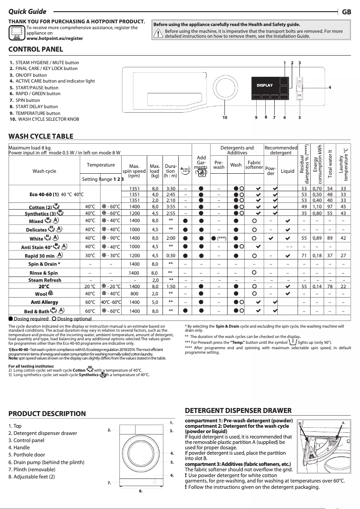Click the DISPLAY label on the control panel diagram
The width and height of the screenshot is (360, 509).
point(264,85)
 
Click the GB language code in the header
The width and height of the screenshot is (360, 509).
point(346,12)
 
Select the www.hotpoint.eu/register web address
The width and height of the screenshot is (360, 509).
point(55,39)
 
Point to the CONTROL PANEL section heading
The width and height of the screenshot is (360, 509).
point(36,49)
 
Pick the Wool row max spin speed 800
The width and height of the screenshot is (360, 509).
point(134,294)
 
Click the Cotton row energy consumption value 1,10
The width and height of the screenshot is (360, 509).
point(317,206)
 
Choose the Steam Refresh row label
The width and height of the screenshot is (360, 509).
point(44,280)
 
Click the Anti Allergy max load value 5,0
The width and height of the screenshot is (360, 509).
point(154,302)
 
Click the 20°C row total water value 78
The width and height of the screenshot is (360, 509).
point(330,286)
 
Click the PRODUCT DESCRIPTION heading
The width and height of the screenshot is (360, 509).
point(47,414)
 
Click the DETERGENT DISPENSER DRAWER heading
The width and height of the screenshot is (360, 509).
point(238,411)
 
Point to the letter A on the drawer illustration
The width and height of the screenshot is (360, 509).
point(342,423)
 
